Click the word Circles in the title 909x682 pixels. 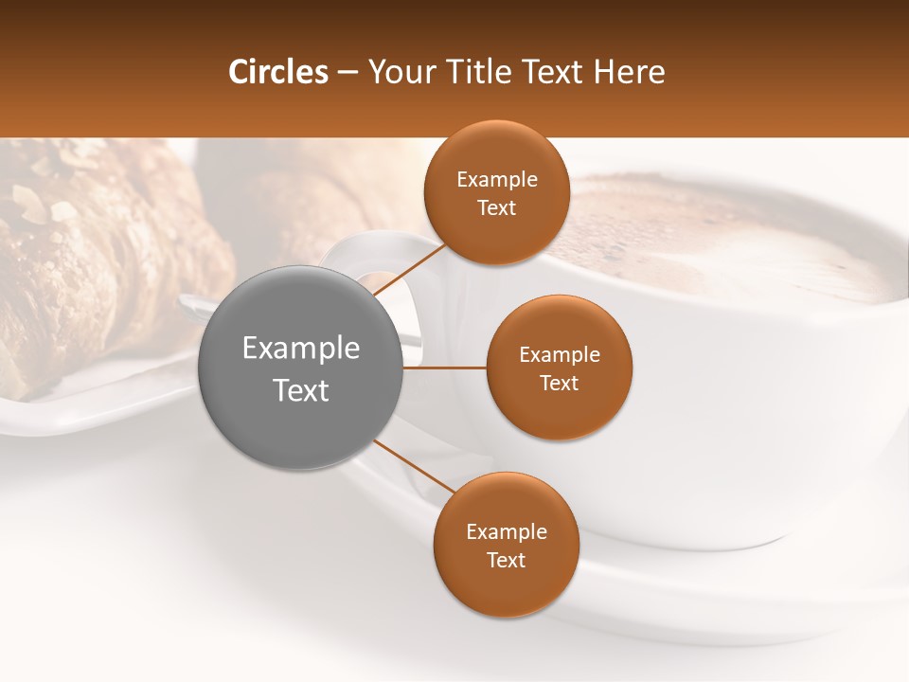pos(278,72)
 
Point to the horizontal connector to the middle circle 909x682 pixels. pos(445,368)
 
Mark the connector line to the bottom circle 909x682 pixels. pos(414,466)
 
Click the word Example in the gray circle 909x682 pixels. pos(301,349)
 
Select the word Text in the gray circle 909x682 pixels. pos(301,390)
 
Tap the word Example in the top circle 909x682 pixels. pos(496,180)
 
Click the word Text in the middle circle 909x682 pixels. pos(559,384)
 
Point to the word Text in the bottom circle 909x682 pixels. pos(506,561)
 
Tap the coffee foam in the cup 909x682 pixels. pos(720,237)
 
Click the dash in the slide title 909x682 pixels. pos(348,73)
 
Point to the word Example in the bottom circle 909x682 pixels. pos(506,532)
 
